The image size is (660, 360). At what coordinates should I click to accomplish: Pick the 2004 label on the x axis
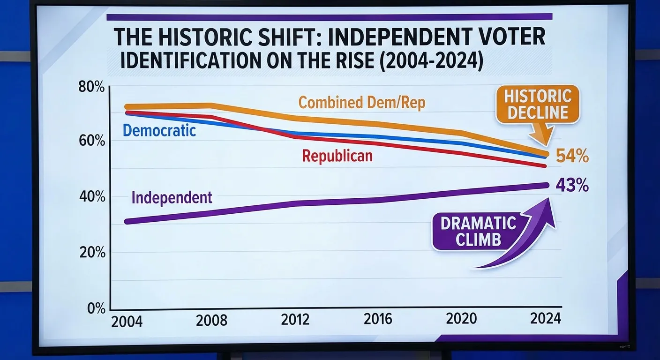click(x=127, y=322)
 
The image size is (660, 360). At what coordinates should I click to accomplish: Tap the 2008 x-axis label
click(x=211, y=321)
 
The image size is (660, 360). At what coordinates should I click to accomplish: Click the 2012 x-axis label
click(x=295, y=320)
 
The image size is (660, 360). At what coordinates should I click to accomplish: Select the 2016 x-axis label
click(x=378, y=319)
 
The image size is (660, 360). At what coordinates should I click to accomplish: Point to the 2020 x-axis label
click(x=462, y=319)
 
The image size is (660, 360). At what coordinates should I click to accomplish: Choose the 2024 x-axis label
click(x=545, y=319)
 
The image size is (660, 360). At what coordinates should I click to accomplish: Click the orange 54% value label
click(x=572, y=156)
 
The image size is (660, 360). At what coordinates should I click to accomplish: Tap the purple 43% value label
click(x=572, y=186)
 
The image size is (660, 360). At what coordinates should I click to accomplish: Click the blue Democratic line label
click(x=159, y=130)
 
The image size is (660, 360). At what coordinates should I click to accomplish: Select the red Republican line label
click(x=337, y=156)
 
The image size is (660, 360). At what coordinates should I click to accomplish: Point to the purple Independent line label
click(x=172, y=197)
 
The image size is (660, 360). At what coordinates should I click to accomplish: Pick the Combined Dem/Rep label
click(x=361, y=102)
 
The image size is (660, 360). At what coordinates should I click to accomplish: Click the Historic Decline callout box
click(x=538, y=105)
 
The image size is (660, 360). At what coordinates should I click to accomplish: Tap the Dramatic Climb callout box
click(x=478, y=232)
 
